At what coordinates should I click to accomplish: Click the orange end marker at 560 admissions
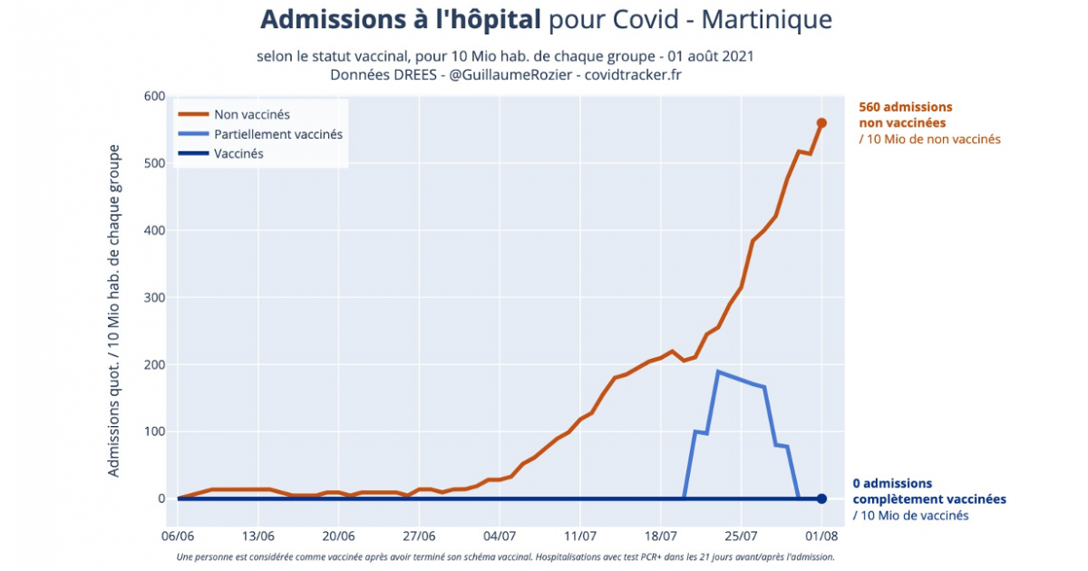click(821, 123)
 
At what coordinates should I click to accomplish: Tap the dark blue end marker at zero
click(821, 498)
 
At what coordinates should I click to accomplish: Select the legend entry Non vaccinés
click(251, 114)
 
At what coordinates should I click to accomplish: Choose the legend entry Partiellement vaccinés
click(277, 134)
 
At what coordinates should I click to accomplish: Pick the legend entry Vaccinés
click(238, 154)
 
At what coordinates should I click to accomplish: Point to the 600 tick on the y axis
click(152, 96)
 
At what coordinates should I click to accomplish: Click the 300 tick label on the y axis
click(152, 297)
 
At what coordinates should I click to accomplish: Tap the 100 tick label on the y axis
click(152, 431)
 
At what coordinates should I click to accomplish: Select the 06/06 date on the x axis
click(178, 535)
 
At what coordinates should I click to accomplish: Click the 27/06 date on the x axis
click(419, 535)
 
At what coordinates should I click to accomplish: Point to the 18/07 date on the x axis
click(661, 535)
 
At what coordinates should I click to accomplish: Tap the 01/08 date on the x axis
click(821, 535)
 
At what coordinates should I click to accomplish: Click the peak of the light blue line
click(718, 372)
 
